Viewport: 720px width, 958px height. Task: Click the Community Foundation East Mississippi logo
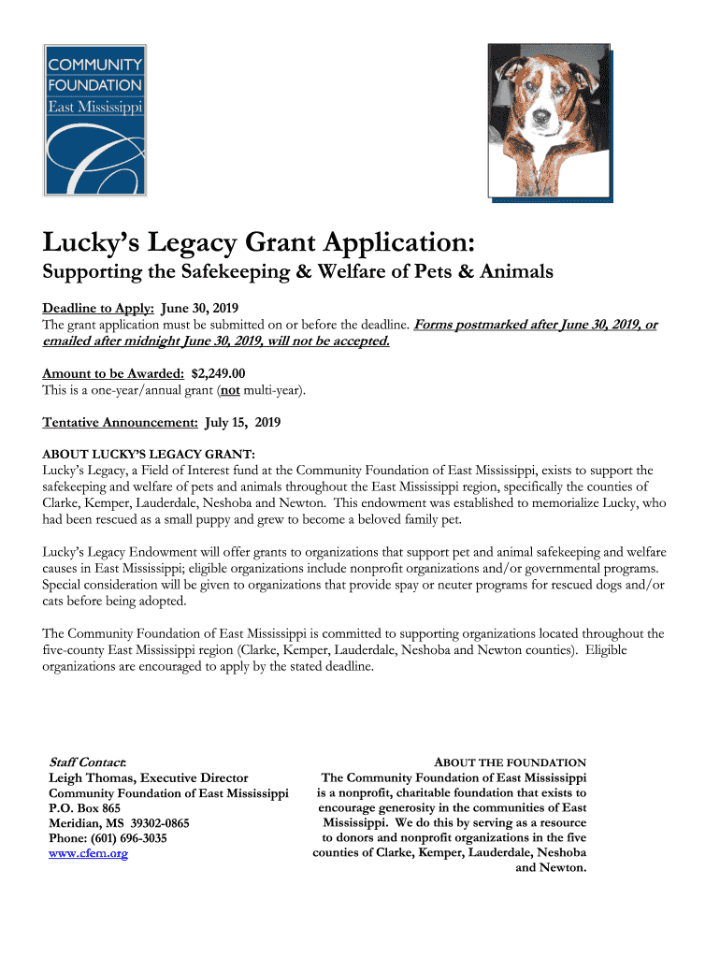94,119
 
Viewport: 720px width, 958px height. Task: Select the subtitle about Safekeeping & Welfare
298,272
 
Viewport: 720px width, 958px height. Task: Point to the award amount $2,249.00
218,372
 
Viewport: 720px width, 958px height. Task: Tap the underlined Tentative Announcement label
120,422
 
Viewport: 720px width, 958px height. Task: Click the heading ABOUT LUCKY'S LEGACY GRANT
149,454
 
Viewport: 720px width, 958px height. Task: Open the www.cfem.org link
88,853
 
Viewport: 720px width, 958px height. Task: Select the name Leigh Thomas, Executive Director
148,777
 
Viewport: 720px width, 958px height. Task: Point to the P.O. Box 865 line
84,808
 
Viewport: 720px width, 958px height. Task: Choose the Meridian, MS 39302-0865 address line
119,823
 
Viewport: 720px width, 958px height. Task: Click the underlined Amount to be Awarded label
113,372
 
